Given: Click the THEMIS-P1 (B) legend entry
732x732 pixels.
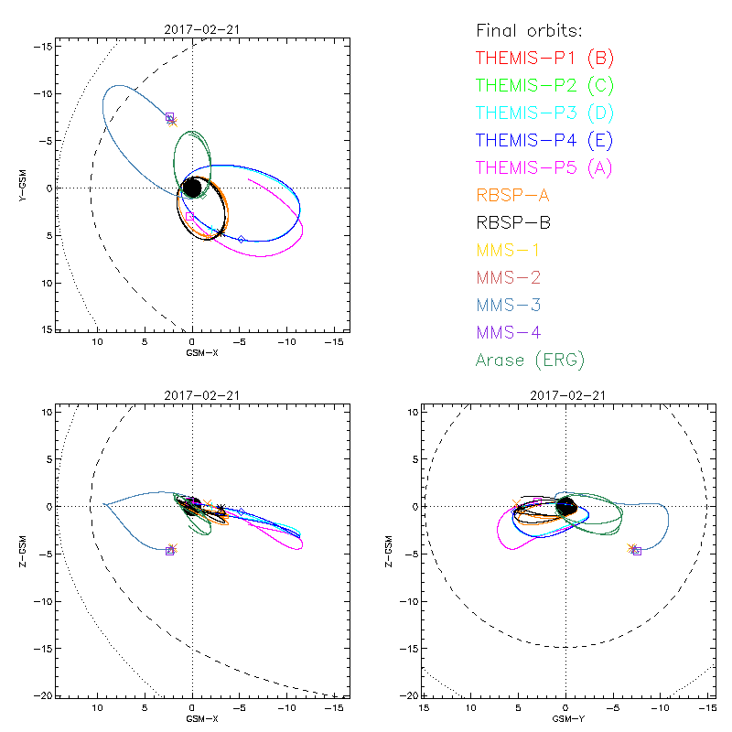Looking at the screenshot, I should [544, 59].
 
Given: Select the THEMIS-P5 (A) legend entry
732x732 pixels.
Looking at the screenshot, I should [544, 167].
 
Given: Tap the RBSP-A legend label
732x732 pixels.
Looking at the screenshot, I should [513, 195].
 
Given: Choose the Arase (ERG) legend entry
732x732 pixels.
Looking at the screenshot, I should [530, 360].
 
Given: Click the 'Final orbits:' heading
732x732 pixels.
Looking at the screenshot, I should [528, 30].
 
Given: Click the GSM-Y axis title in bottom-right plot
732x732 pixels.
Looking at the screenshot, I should [565, 719].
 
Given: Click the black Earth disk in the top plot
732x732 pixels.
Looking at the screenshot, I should [192, 188].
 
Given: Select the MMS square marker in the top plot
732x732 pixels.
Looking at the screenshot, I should [169, 117].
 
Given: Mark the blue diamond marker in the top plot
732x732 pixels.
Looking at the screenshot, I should [242, 239].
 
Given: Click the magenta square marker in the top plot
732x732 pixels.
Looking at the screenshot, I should [189, 217].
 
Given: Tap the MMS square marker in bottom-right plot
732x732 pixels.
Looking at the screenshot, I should [637, 551].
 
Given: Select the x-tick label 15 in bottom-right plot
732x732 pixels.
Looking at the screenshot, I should [424, 708].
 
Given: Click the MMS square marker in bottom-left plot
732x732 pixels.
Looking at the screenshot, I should [169, 551].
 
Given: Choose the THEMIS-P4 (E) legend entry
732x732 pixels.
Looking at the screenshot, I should [544, 140].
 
